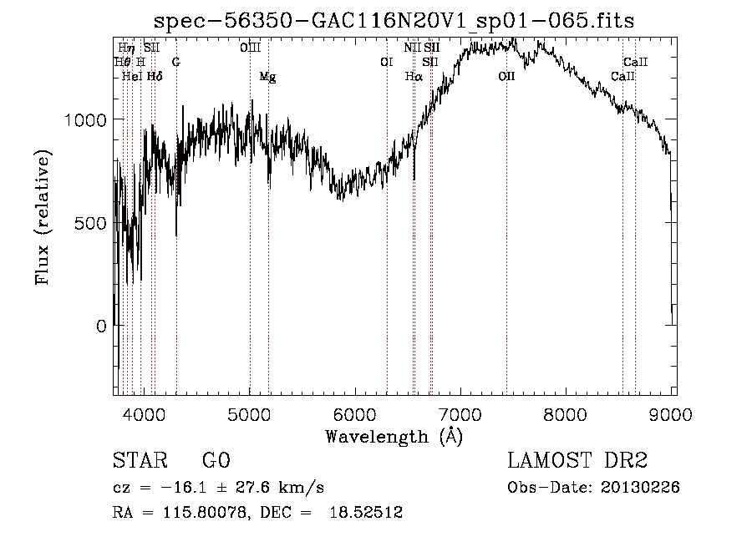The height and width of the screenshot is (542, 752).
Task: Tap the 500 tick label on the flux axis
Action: click(x=92, y=223)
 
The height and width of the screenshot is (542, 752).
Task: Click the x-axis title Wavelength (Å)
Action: click(x=394, y=435)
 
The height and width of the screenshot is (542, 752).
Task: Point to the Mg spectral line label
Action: click(x=267, y=77)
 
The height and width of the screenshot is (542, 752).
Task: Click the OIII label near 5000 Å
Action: click(x=250, y=48)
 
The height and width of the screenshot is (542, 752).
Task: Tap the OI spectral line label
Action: click(x=386, y=62)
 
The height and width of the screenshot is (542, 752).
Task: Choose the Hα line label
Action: click(x=414, y=77)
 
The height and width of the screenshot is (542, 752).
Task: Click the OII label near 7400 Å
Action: click(x=506, y=77)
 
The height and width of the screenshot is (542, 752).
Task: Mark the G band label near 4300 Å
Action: click(x=175, y=62)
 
